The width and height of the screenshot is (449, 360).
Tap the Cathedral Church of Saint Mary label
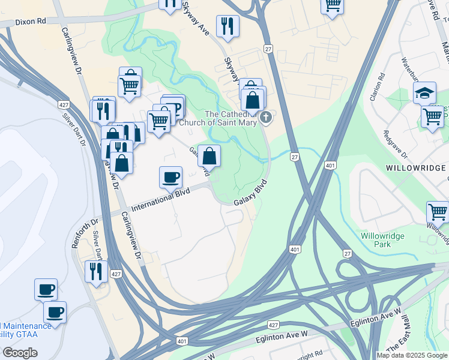[x=231, y=119]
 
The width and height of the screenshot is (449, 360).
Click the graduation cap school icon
[x=424, y=93]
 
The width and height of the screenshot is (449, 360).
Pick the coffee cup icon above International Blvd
[x=171, y=177]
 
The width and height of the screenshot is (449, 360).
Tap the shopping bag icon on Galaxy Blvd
[x=209, y=157]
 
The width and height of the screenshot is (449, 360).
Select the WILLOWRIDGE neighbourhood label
[x=414, y=167]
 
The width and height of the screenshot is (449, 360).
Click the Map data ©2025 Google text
[x=412, y=355]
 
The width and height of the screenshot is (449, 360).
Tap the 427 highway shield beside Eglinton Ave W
[x=273, y=325]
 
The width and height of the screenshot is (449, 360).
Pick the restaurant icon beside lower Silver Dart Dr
[x=96, y=271]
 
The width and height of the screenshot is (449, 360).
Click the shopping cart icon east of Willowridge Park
[x=437, y=212]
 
